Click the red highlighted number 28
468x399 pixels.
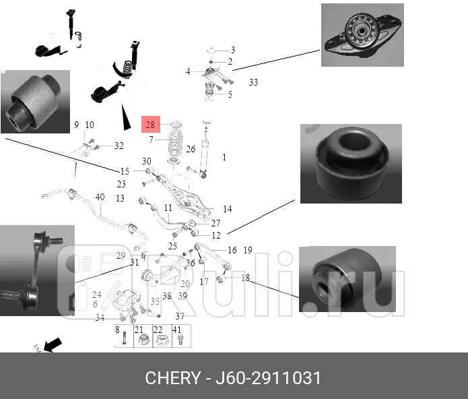point(150,125)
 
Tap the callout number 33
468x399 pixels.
point(253,83)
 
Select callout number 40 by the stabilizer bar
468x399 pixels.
point(100,197)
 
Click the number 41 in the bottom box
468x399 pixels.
point(177,330)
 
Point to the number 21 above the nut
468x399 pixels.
point(139,330)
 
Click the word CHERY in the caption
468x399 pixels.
point(172,377)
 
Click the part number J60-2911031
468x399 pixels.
point(270,377)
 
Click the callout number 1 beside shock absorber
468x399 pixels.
point(224,157)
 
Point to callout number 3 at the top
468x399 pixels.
point(233,50)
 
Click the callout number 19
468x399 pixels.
point(248,250)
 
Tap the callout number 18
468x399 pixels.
point(245,278)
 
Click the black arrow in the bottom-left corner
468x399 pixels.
point(53,344)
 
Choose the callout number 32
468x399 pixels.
point(119,146)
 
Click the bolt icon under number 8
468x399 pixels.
point(124,341)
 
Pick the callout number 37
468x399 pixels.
point(180,316)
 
